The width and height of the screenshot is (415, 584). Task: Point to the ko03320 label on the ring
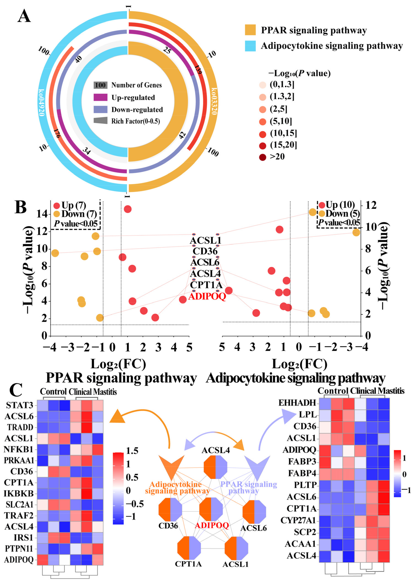pyautogui.click(x=214, y=101)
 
